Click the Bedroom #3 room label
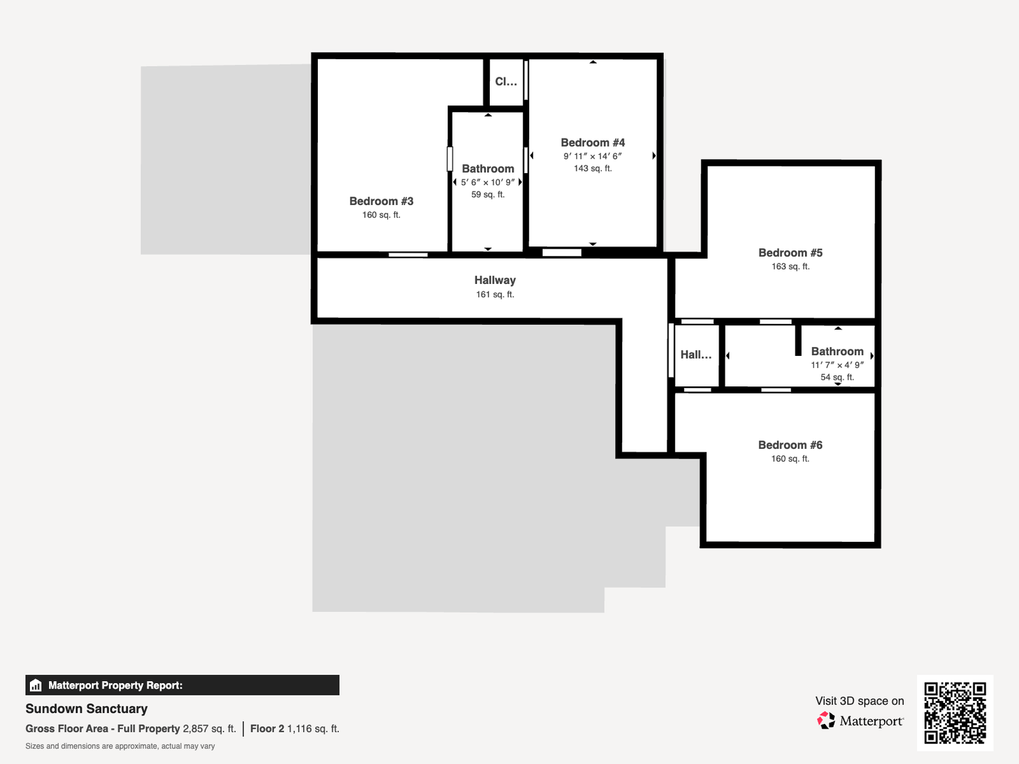(x=381, y=201)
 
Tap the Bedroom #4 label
(x=593, y=143)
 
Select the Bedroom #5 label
(x=790, y=253)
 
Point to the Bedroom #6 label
(x=790, y=445)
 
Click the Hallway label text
(x=495, y=280)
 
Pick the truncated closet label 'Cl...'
(x=506, y=81)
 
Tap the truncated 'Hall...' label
(x=696, y=355)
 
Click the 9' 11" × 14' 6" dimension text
(x=593, y=156)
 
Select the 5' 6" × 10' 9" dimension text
(x=488, y=182)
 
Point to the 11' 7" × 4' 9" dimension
(x=838, y=365)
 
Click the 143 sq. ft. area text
(x=593, y=168)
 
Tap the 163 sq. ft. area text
(x=790, y=267)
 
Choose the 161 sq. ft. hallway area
(x=495, y=295)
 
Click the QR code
(x=955, y=713)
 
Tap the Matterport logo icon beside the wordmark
(x=826, y=721)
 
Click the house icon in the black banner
(x=36, y=685)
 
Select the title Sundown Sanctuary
(x=86, y=709)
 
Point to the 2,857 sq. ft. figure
(x=209, y=729)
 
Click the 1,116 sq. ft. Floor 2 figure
(x=313, y=729)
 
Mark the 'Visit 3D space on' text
(x=860, y=701)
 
